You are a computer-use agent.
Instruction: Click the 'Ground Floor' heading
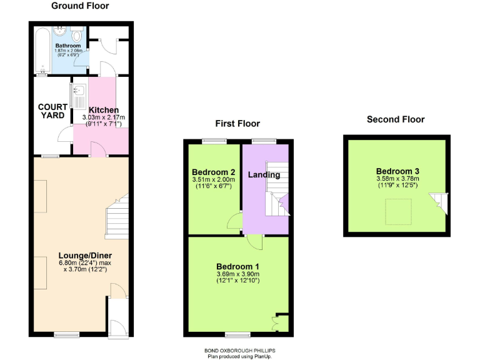[79, 6]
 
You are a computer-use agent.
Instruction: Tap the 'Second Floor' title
[395, 119]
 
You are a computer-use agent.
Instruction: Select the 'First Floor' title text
[237, 123]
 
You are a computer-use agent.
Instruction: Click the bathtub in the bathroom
[41, 50]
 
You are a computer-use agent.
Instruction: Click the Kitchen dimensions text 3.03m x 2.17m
[104, 117]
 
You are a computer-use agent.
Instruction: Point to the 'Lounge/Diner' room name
[85, 256]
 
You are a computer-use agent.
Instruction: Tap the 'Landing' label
[264, 174]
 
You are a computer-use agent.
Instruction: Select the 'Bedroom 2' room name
[214, 172]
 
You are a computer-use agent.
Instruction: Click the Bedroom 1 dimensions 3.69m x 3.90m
[238, 274]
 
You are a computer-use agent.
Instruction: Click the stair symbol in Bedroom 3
[439, 201]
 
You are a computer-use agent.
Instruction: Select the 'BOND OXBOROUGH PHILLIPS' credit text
[239, 351]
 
